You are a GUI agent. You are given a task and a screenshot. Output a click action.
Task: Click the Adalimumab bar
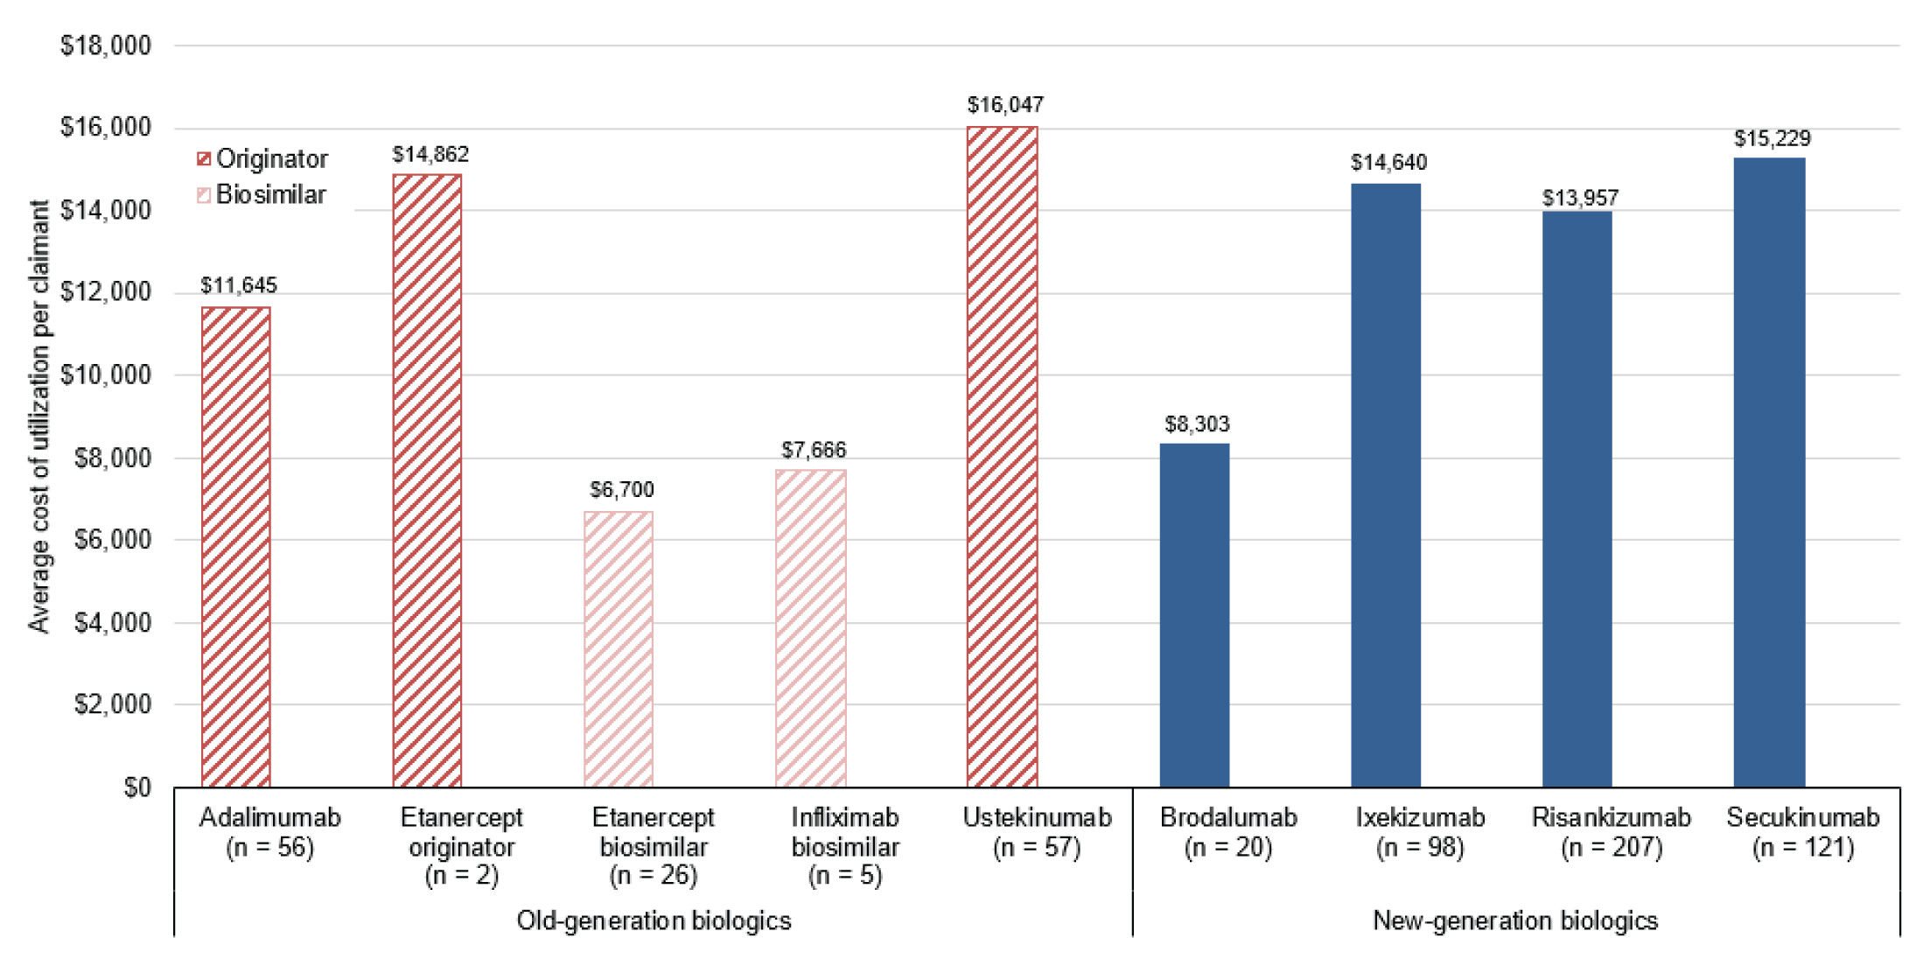click(235, 547)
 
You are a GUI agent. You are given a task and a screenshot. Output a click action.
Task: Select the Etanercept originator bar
click(427, 481)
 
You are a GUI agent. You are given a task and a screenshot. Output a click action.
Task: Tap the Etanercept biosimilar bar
click(619, 649)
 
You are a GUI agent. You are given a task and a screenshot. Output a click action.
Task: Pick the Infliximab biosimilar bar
click(810, 628)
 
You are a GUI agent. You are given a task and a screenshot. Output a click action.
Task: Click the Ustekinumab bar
click(1002, 457)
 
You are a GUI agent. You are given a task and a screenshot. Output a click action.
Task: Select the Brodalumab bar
click(1194, 615)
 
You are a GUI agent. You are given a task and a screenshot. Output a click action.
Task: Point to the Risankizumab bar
click(1577, 499)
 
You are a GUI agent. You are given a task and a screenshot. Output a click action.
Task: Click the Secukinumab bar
click(1769, 472)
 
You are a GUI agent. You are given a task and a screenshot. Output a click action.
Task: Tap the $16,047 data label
click(1005, 105)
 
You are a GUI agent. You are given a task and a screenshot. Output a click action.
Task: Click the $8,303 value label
click(1197, 424)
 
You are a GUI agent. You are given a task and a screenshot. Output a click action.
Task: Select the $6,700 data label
click(621, 489)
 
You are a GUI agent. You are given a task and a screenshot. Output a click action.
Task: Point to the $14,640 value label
click(1388, 163)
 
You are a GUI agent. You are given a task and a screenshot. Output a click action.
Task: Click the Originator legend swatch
click(204, 158)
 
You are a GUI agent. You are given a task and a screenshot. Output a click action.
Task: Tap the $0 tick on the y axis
click(136, 787)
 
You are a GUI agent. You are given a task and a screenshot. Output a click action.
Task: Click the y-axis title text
click(38, 416)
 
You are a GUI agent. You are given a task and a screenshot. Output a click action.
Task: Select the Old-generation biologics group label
click(654, 920)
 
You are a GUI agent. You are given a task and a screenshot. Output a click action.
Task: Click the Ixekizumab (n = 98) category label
click(1420, 831)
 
